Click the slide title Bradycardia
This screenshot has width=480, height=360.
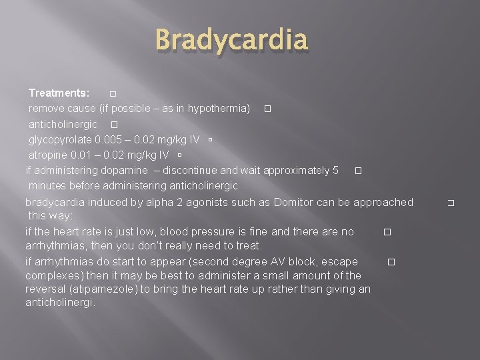point(233,41)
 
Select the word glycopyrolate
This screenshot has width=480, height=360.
point(60,140)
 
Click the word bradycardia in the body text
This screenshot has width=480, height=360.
point(54,202)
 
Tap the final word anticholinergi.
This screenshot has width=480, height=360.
point(60,302)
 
